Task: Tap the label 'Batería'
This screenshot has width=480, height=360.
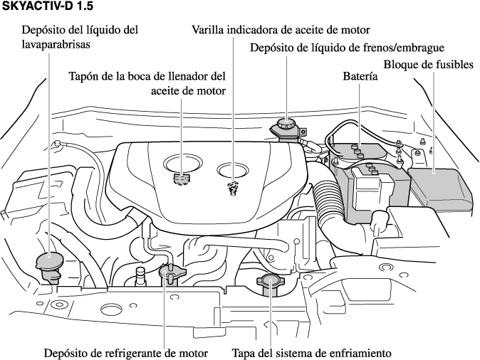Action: tap(360, 75)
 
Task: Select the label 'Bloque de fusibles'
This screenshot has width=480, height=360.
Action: tap(429, 65)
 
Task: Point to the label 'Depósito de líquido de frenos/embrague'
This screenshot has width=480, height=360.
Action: tap(347, 48)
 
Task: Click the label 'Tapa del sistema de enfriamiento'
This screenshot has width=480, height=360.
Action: tap(312, 352)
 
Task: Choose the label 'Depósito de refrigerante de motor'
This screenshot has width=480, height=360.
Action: tap(126, 352)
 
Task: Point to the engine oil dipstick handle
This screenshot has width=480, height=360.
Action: tap(231, 188)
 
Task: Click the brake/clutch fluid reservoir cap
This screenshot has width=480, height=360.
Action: tap(285, 127)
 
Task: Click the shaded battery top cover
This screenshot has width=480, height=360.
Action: tap(356, 152)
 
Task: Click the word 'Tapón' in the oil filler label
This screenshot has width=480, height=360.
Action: tap(83, 75)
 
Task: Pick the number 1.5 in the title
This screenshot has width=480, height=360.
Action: tap(83, 6)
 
